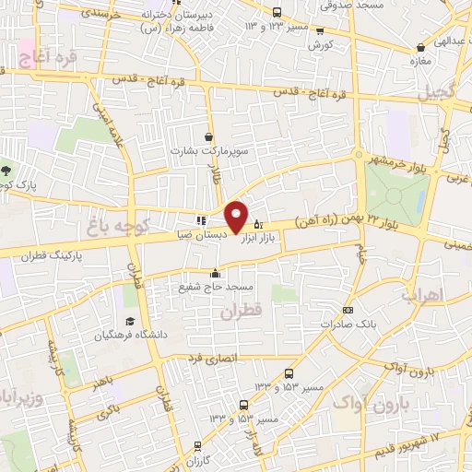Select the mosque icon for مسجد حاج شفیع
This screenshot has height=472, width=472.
pyautogui.click(x=216, y=272)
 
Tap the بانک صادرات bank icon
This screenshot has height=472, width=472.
pyautogui.click(x=348, y=311)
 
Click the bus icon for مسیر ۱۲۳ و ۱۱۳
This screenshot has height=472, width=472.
pyautogui.click(x=278, y=12)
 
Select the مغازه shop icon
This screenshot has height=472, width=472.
pyautogui.click(x=421, y=46)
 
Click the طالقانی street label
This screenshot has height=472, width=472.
pyautogui.click(x=218, y=170)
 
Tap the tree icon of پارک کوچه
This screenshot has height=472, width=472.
pyautogui.click(x=7, y=170)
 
